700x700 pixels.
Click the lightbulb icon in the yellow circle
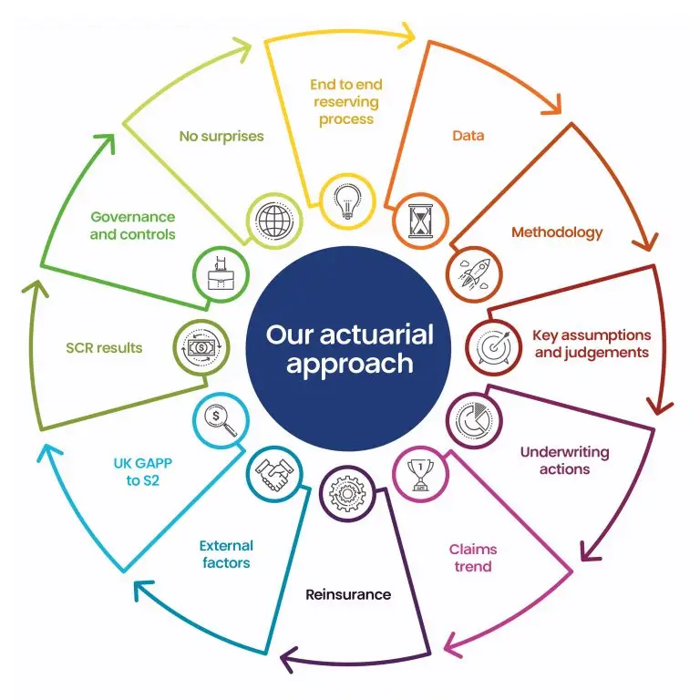[348, 201]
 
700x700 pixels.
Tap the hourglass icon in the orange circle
[420, 221]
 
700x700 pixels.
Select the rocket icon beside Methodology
[475, 274]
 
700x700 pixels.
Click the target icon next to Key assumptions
[493, 347]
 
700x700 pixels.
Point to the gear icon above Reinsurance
[347, 493]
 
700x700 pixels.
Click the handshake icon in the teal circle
[274, 475]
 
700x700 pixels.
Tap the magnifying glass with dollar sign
[220, 421]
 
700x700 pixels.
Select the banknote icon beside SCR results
[201, 347]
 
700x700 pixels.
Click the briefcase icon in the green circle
[221, 273]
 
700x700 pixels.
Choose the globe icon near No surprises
[274, 221]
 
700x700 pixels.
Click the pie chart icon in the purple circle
[475, 420]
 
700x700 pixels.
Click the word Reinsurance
[348, 594]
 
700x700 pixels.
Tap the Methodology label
[557, 232]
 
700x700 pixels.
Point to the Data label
[468, 135]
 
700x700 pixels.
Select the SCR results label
[104, 348]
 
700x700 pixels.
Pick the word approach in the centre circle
[350, 364]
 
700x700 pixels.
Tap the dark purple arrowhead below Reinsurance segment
[289, 658]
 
